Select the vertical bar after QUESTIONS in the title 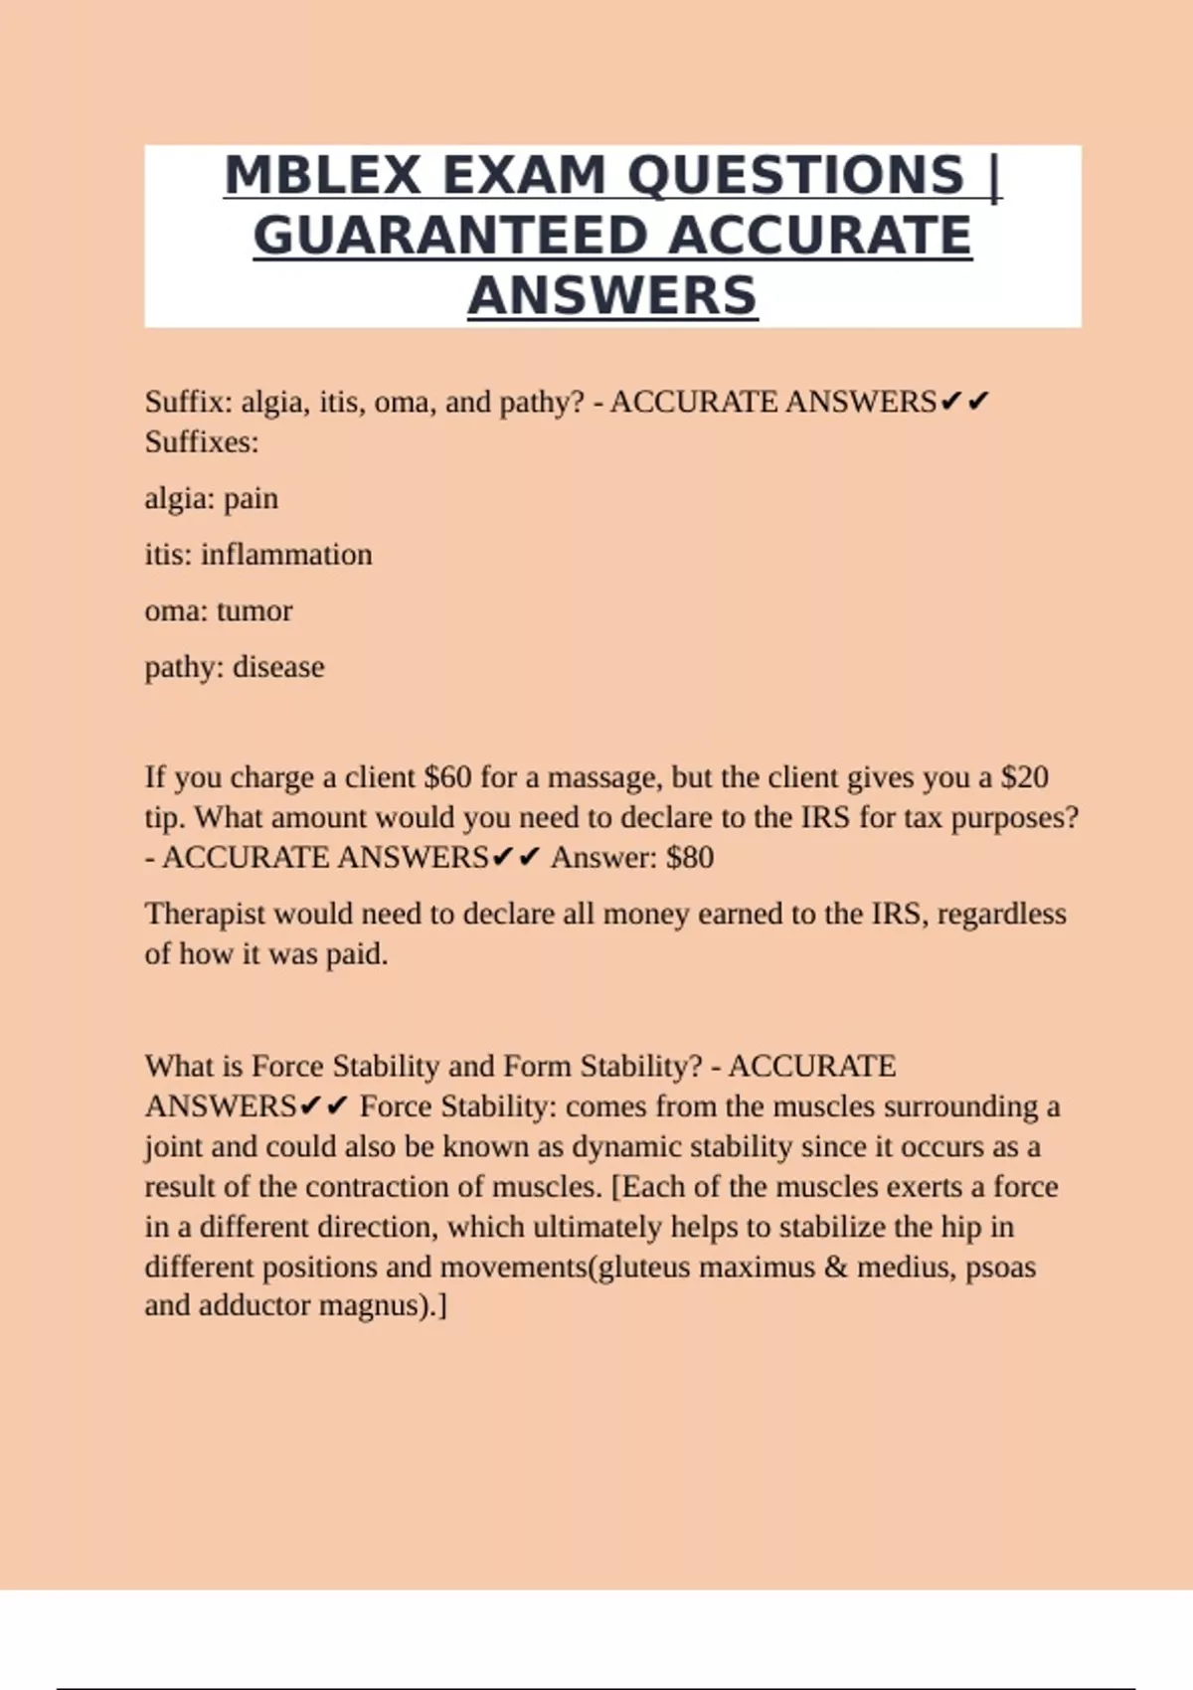994,176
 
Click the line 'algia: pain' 211,498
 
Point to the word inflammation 286,554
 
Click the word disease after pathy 278,667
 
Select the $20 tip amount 1024,777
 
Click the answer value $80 690,858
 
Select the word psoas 1000,1267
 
